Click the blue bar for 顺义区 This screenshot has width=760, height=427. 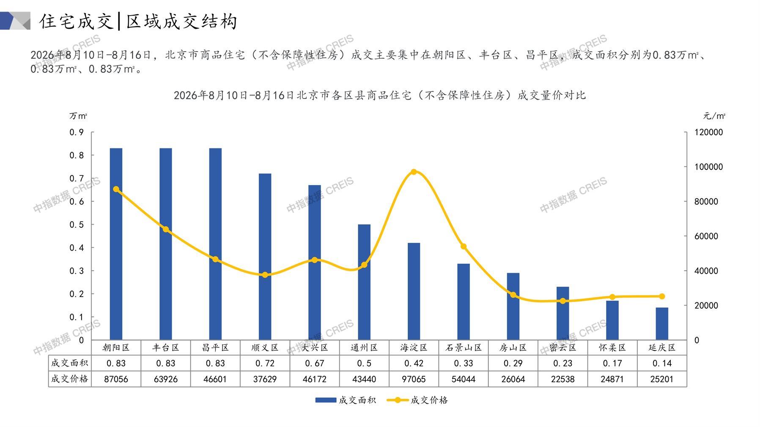pyautogui.click(x=265, y=257)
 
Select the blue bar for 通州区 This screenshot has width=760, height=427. pyautogui.click(x=364, y=282)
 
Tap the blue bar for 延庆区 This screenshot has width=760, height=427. pyautogui.click(x=662, y=323)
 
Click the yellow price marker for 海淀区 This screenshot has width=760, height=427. pyautogui.click(x=414, y=172)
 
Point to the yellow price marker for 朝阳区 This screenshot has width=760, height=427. pyautogui.click(x=116, y=189)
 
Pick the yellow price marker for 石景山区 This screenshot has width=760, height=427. pyautogui.click(x=464, y=246)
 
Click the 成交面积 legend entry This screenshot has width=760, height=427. pyautogui.click(x=346, y=400)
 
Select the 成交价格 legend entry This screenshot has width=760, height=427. pyautogui.click(x=417, y=400)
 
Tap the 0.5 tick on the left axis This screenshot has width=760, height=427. pyautogui.click(x=77, y=224)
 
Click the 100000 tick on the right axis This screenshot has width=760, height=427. pyautogui.click(x=709, y=167)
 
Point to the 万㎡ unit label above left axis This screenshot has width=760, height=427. pyautogui.click(x=78, y=116)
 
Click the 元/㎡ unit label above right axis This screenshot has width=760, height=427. pyautogui.click(x=714, y=116)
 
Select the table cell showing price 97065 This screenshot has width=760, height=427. pyautogui.click(x=414, y=379)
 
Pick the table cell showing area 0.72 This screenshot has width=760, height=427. pyautogui.click(x=265, y=363)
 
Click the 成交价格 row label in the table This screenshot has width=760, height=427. pyautogui.click(x=70, y=379)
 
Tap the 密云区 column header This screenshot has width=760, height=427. pyautogui.click(x=562, y=348)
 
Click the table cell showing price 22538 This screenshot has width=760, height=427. pyautogui.click(x=562, y=379)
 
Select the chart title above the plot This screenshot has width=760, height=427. pyautogui.click(x=380, y=95)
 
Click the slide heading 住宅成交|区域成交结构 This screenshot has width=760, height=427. pyautogui.click(x=139, y=21)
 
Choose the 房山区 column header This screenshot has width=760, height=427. pyautogui.click(x=513, y=348)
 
